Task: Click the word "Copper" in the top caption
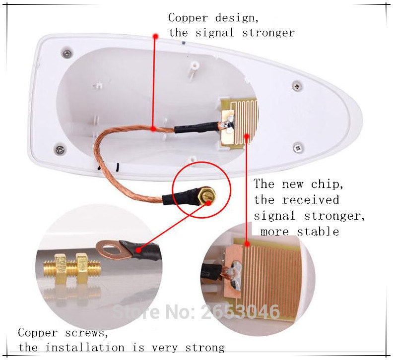188,18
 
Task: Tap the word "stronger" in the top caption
268,33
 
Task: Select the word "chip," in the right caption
327,184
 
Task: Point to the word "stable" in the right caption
318,231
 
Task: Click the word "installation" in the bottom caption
85,348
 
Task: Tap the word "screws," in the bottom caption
87,333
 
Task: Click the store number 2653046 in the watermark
240,312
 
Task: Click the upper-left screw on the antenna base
66,53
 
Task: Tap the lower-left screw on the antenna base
60,150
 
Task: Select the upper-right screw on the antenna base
297,86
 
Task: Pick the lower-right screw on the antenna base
298,148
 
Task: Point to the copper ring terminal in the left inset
114,250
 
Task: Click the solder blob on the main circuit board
230,123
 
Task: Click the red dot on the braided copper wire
153,129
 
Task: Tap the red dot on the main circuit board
247,136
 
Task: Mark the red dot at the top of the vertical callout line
156,36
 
